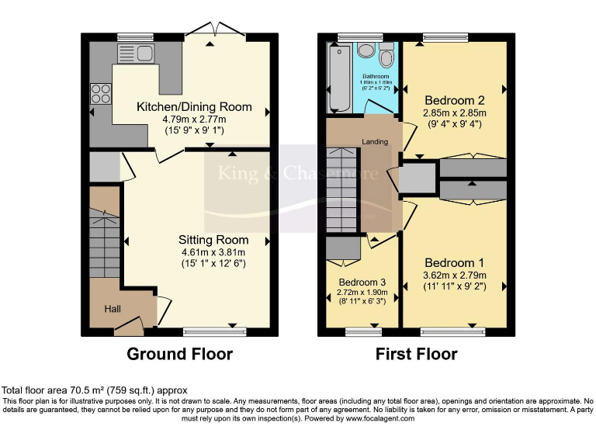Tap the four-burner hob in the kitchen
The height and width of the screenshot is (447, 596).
click(101, 93)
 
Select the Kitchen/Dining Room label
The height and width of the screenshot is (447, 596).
click(194, 106)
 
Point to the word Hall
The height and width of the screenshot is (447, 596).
click(113, 310)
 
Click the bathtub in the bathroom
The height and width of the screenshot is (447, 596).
click(339, 78)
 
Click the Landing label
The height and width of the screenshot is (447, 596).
click(375, 142)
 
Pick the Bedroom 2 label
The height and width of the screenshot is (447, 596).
click(454, 100)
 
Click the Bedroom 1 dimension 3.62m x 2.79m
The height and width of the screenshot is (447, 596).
click(455, 275)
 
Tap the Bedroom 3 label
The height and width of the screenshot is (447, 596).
click(362, 282)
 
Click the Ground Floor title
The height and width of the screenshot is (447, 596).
click(180, 355)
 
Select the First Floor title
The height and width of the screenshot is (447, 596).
click(416, 355)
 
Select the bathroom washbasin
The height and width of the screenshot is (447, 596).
click(366, 50)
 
